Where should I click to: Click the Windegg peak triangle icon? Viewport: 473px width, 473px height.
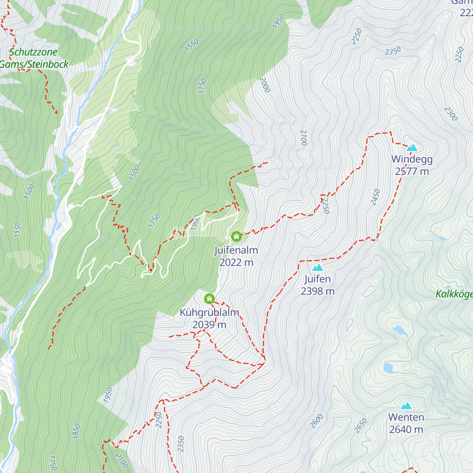coord(412,148)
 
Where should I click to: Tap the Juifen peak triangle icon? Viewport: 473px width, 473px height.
coord(317,268)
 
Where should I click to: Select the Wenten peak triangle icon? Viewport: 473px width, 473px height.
coord(406,406)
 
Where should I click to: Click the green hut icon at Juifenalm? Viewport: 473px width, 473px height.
coord(236,236)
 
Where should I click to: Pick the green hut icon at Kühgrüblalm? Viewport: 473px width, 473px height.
coord(209,299)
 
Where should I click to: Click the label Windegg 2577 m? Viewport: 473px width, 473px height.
coord(412,165)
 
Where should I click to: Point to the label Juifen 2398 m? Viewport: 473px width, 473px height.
coord(317,285)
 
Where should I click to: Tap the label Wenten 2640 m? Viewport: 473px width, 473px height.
coord(406,423)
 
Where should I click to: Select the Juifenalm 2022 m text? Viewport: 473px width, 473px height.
coord(236,256)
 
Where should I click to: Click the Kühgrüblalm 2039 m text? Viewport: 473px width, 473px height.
coord(209,318)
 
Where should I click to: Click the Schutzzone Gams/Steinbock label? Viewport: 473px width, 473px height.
coord(35,58)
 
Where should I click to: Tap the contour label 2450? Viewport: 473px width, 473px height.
coord(376,197)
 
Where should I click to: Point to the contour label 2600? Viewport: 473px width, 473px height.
coord(317,421)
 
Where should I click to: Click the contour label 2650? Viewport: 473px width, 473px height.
coord(361,426)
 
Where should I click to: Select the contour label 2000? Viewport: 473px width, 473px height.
coord(264,85)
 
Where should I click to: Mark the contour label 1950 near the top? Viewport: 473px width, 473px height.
coord(278,21)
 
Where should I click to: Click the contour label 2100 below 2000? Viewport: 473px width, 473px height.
coord(304,138)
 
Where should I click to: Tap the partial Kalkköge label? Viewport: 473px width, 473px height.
coord(454,294)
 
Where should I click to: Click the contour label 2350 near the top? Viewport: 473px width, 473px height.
coord(393,51)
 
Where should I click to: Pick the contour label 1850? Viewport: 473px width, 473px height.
coord(76,431)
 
